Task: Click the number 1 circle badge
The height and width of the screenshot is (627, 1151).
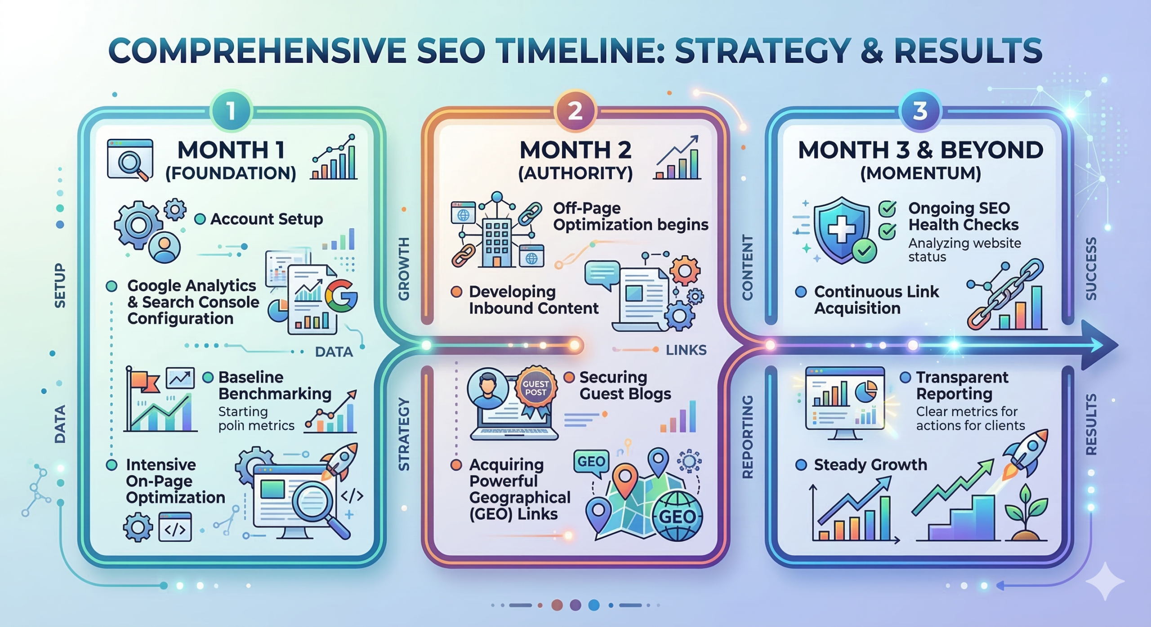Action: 231,111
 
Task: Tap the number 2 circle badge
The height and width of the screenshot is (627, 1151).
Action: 575,111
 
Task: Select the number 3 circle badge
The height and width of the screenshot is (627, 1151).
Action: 920,111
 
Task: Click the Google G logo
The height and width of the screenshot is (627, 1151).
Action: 340,295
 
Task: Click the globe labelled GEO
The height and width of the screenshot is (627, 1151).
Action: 677,516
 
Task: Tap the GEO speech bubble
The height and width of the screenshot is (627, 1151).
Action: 591,463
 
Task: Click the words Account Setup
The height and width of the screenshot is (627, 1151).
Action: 267,219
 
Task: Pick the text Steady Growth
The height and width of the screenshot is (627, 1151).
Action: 870,464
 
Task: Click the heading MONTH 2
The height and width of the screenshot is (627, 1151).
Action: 575,150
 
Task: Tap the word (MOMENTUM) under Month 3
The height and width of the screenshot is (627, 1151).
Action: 920,173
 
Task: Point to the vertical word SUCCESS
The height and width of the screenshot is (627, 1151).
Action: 1091,269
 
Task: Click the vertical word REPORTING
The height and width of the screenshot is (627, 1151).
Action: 747,437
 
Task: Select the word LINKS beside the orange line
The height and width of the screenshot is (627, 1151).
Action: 686,350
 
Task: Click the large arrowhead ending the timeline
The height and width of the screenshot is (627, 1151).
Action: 1099,345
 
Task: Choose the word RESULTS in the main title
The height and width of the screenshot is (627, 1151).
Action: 968,50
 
